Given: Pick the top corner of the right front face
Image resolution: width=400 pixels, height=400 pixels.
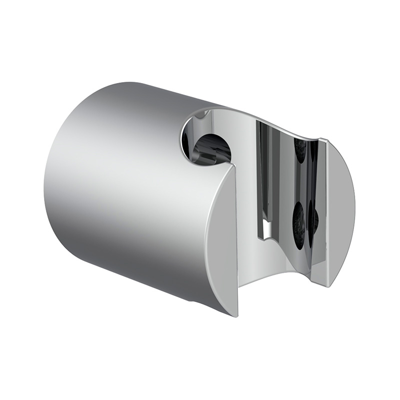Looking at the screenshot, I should (x=325, y=140).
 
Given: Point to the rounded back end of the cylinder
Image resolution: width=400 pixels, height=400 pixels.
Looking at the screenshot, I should (x=55, y=190).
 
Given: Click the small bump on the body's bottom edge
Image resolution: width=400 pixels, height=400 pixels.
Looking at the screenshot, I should (x=193, y=302).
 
